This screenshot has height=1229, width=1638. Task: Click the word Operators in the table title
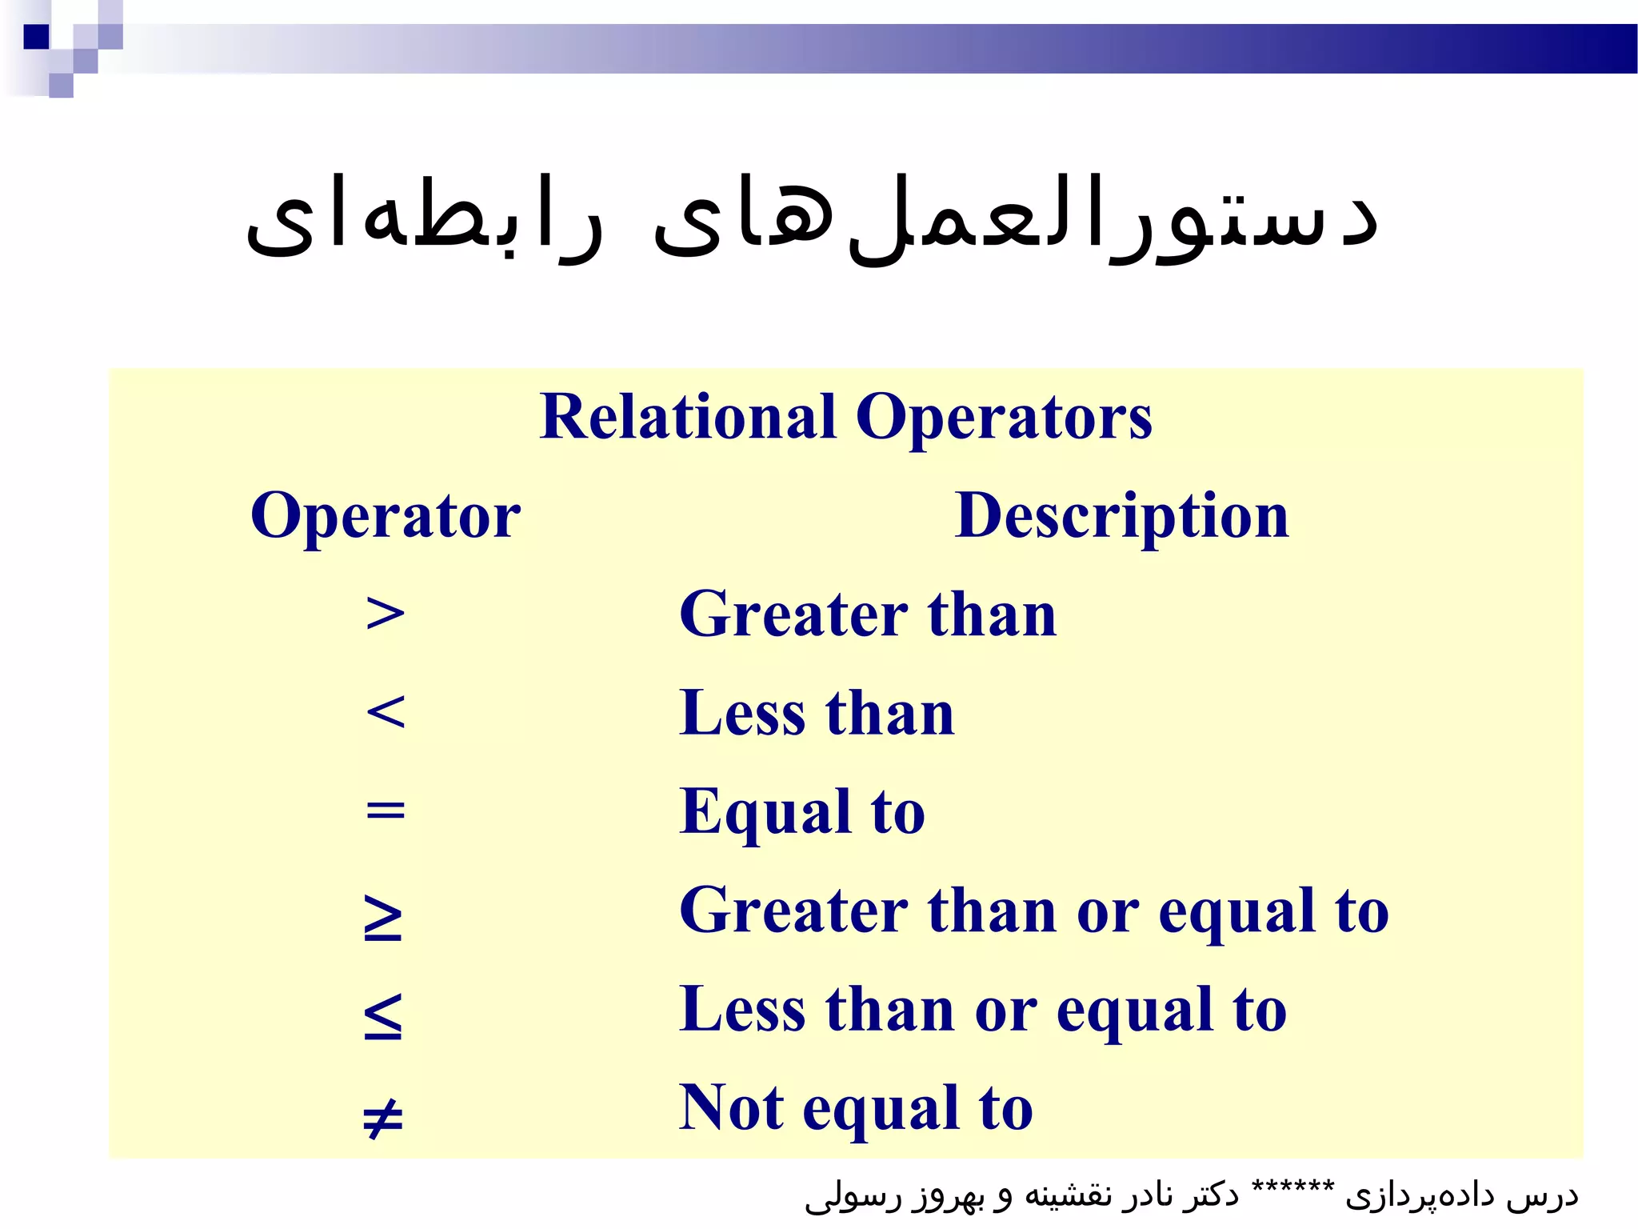coord(1004,418)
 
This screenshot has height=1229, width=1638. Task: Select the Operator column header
coord(385,516)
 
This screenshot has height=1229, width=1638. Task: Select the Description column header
coord(1121,516)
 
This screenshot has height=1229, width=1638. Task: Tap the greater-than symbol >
coord(385,614)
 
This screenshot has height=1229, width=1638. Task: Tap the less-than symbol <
coord(385,712)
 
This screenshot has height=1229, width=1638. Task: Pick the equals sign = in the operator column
coord(385,811)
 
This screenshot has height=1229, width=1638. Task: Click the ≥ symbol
coord(383,917)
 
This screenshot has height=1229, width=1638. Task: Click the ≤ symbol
coord(383,1015)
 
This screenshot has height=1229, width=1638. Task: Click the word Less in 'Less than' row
coord(742,712)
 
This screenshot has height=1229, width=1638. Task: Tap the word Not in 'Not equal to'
coord(731,1107)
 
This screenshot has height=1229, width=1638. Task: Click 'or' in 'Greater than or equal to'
coord(1107,912)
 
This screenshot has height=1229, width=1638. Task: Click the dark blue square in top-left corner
coord(36,37)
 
